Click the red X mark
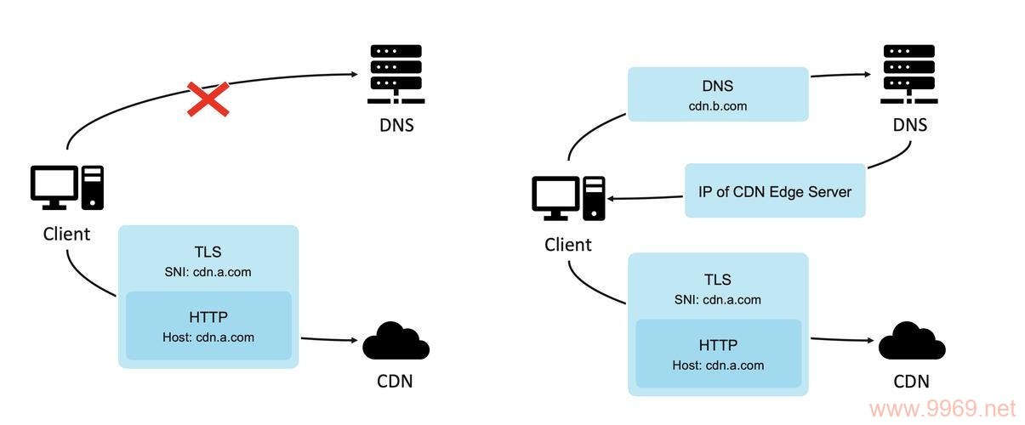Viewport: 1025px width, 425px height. [x=208, y=99]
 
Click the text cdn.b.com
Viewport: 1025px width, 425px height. [x=717, y=105]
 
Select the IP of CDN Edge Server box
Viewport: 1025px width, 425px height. [x=775, y=190]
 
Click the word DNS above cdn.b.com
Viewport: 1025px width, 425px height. [x=717, y=86]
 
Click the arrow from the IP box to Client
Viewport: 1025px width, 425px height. [x=646, y=199]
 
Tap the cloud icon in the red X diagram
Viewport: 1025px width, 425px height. [x=396, y=342]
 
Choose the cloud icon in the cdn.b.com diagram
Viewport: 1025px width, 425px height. [x=911, y=342]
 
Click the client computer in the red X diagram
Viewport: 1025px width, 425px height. [x=67, y=188]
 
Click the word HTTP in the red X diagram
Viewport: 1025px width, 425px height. [x=208, y=317]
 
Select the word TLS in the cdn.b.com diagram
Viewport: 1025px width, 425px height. [x=717, y=280]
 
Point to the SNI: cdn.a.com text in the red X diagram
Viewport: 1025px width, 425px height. [x=208, y=272]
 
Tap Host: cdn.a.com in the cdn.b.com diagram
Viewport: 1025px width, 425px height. [x=717, y=365]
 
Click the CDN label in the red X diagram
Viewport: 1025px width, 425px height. [x=395, y=381]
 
